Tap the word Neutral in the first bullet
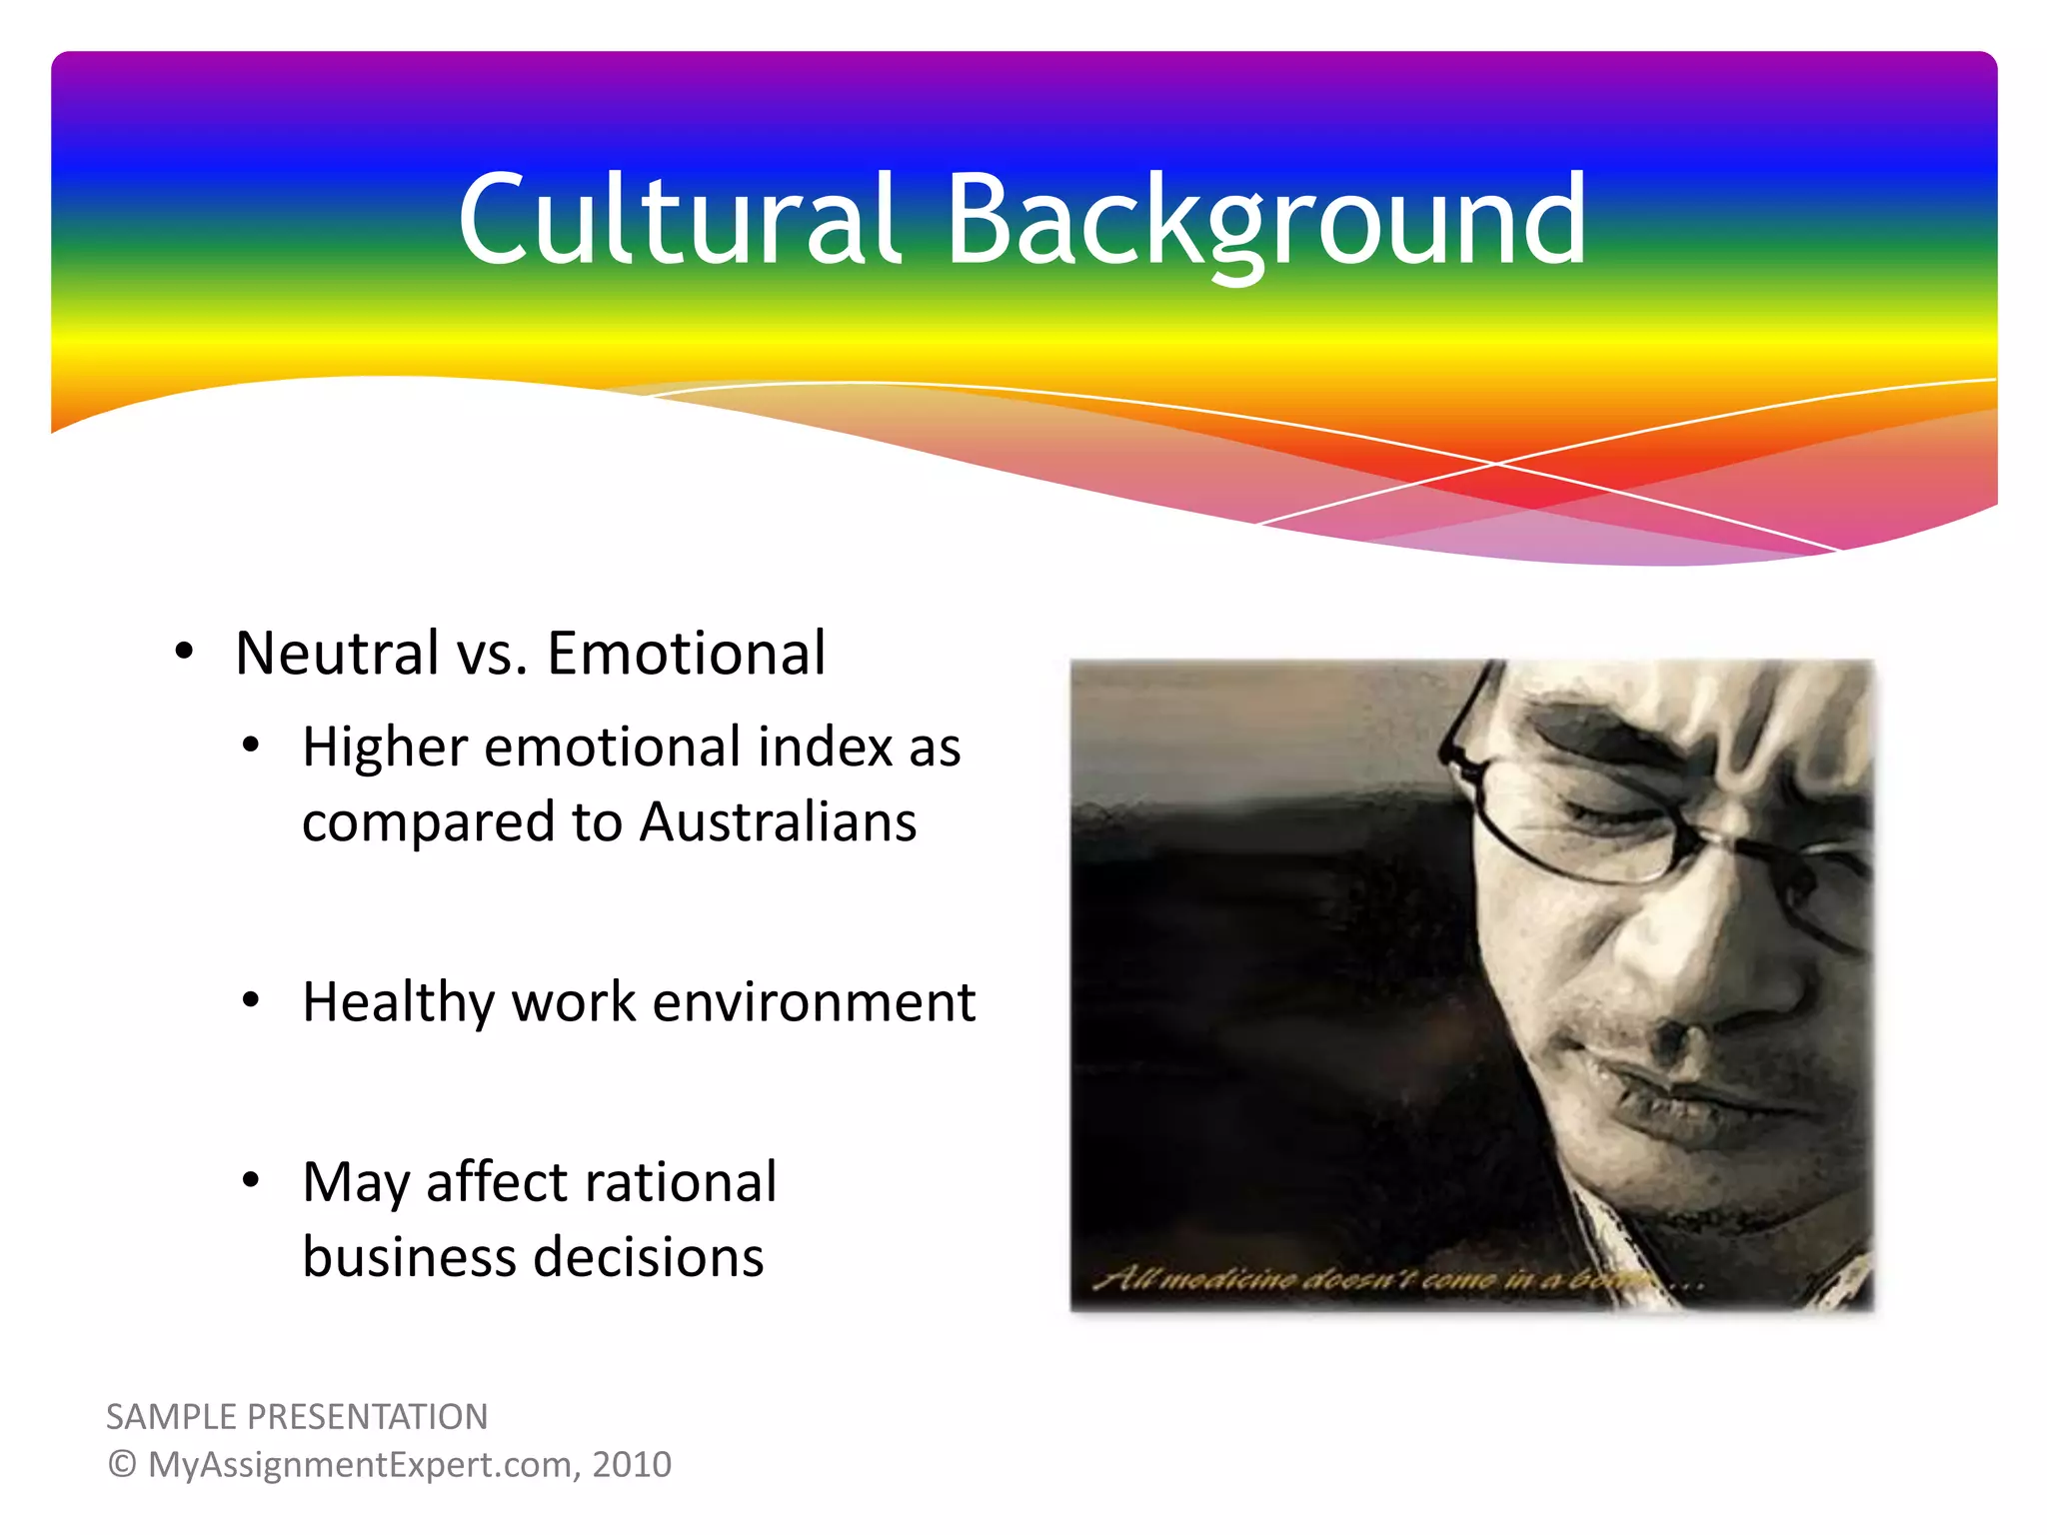coord(337,654)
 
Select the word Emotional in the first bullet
coord(686,654)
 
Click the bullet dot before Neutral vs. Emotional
coord(183,652)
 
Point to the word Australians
coord(778,822)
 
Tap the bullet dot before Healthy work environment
coord(251,999)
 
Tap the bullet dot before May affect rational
coord(251,1180)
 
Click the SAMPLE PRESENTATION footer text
coord(297,1417)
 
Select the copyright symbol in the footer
coord(122,1465)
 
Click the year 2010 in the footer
coord(632,1465)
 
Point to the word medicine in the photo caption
coord(1233,1278)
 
